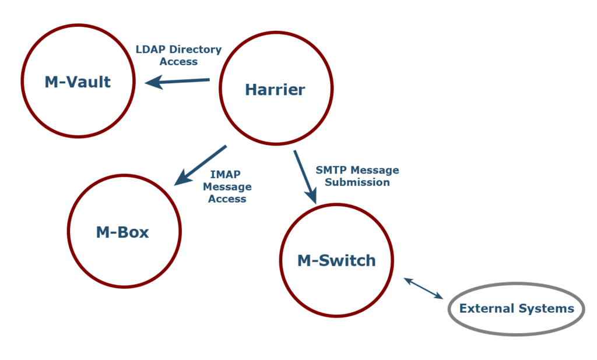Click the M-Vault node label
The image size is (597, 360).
click(78, 82)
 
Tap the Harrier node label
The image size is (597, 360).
click(275, 90)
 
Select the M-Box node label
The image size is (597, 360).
click(122, 233)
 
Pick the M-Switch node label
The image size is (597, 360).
click(337, 260)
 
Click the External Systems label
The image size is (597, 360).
click(517, 309)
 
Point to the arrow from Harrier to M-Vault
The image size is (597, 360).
click(177, 81)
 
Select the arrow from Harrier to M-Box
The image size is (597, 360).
click(200, 165)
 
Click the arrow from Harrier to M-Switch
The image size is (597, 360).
click(305, 177)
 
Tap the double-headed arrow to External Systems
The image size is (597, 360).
click(423, 288)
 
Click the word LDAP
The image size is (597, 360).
click(150, 50)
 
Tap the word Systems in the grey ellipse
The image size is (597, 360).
click(551, 309)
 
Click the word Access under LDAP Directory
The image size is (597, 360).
click(178, 62)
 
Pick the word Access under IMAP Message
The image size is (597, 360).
click(227, 199)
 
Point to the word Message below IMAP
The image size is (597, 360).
click(230, 187)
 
